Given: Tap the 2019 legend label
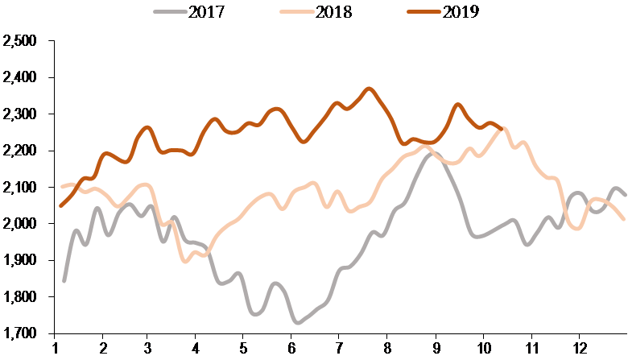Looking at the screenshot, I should [x=461, y=12].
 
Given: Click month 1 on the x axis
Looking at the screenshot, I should [x=55, y=348].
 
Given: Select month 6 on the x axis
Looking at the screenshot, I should [x=292, y=348].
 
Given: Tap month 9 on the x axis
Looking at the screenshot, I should [x=435, y=348].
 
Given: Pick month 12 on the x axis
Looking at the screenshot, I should [x=577, y=348].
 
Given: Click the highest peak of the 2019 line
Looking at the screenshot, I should [x=369, y=89].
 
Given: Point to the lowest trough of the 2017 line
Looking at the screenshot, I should [x=298, y=322].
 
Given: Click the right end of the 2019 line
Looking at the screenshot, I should [x=502, y=128].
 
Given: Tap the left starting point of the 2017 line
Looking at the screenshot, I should [x=64, y=281].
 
